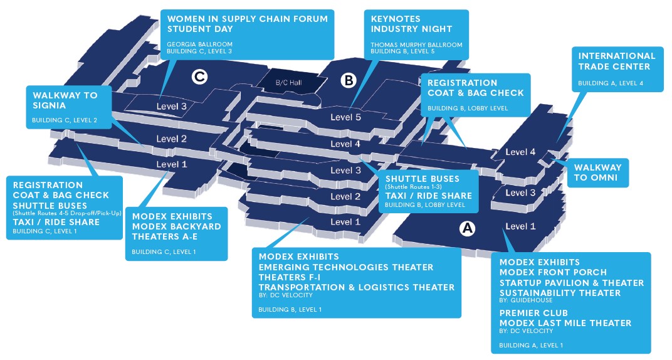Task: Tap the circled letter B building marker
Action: pyautogui.click(x=348, y=80)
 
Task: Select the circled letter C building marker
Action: pyautogui.click(x=199, y=77)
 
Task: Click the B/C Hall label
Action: pyautogui.click(x=289, y=83)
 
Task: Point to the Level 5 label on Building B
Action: pyautogui.click(x=345, y=117)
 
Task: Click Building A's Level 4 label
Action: pyautogui.click(x=520, y=152)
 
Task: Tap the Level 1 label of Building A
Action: pyautogui.click(x=520, y=226)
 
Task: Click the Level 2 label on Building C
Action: pyautogui.click(x=172, y=139)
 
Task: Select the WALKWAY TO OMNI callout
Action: pyautogui.click(x=597, y=172)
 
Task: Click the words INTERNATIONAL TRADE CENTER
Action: pyautogui.click(x=617, y=61)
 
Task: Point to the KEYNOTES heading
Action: pyautogui.click(x=396, y=19)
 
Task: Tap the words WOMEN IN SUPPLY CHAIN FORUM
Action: pyautogui.click(x=247, y=19)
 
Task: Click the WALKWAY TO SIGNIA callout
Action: pyautogui.click(x=65, y=100)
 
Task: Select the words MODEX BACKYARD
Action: pyautogui.click(x=176, y=226)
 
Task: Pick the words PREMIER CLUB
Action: pyautogui.click(x=533, y=313)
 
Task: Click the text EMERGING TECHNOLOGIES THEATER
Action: pyautogui.click(x=345, y=267)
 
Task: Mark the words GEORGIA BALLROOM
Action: pyautogui.click(x=199, y=44)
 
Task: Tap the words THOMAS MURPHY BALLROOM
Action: pyautogui.click(x=416, y=45)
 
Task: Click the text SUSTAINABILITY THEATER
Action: pyautogui.click(x=560, y=293)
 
